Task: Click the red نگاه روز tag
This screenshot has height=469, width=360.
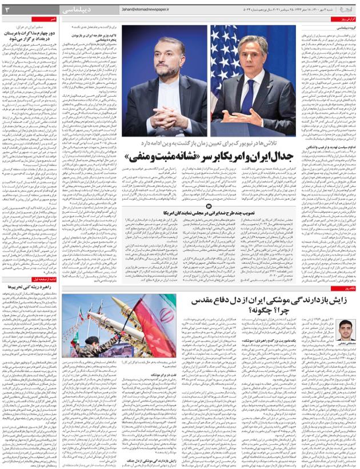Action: [x=347, y=289]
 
